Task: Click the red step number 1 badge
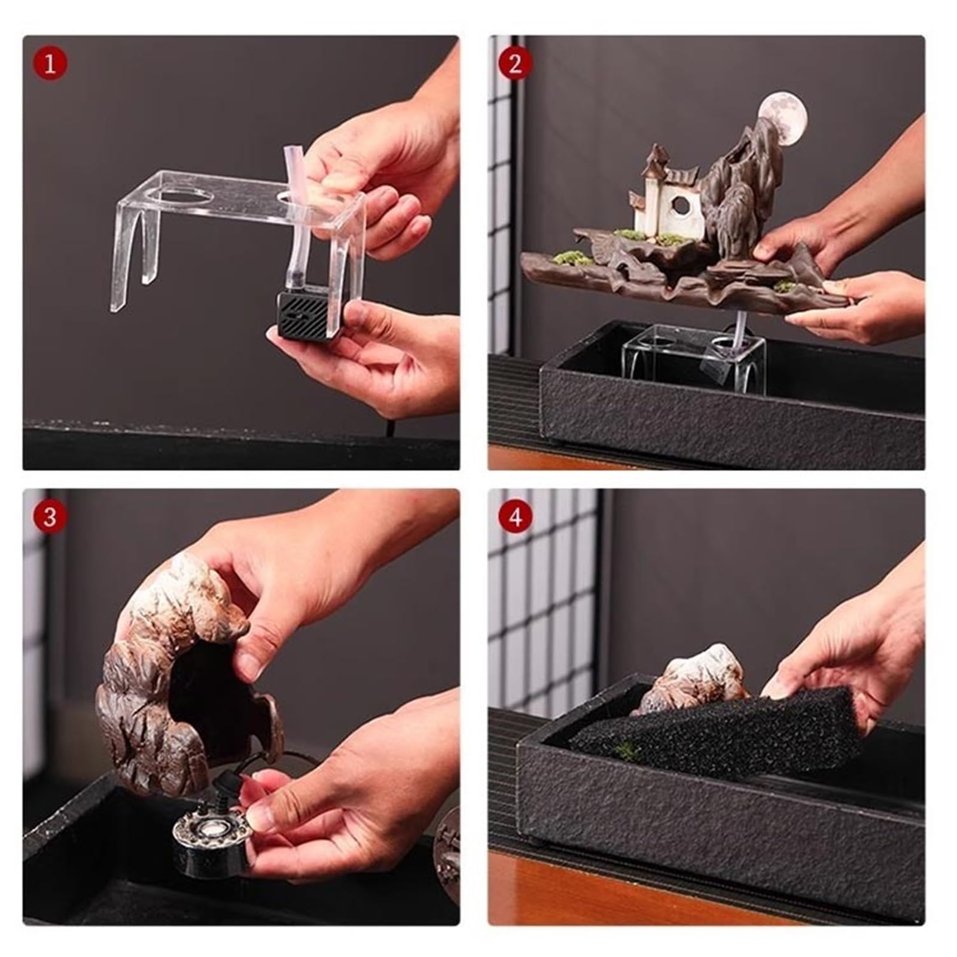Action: [50, 64]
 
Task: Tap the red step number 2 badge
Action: [515, 64]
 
